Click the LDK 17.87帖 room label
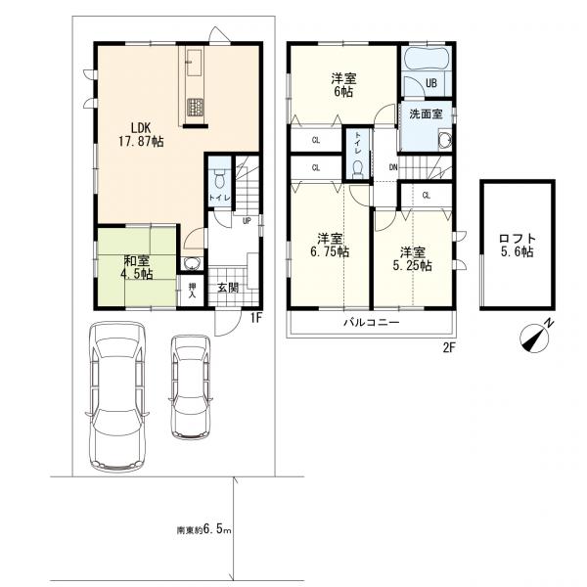click(x=141, y=134)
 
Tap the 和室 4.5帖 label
click(x=136, y=267)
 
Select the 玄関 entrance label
click(x=228, y=288)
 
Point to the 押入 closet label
click(x=192, y=291)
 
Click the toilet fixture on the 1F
click(x=219, y=179)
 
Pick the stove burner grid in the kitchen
click(x=195, y=107)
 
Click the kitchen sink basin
click(x=195, y=63)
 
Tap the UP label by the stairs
click(x=247, y=221)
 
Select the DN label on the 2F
click(x=393, y=167)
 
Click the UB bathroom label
click(x=431, y=83)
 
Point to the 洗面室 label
click(x=426, y=113)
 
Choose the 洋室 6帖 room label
click(x=343, y=85)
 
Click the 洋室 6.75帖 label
click(x=330, y=246)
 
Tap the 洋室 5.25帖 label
click(x=412, y=258)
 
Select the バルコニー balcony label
click(x=372, y=322)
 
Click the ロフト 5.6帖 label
click(x=518, y=246)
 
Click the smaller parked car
click(x=191, y=387)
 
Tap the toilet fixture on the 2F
click(x=358, y=169)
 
